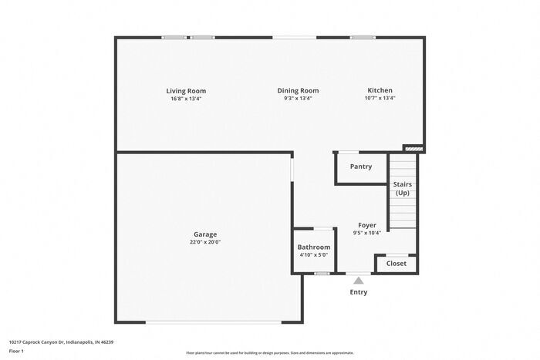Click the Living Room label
pyautogui.click(x=187, y=91)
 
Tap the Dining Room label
pyautogui.click(x=298, y=91)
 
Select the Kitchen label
pyautogui.click(x=380, y=91)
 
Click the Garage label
pyautogui.click(x=205, y=234)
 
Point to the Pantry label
pyautogui.click(x=360, y=167)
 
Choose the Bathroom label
pyautogui.click(x=313, y=247)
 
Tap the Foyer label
pyautogui.click(x=366, y=225)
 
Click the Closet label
pyautogui.click(x=396, y=264)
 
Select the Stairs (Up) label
pyautogui.click(x=402, y=189)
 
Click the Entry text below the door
pyautogui.click(x=359, y=292)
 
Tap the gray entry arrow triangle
pyautogui.click(x=358, y=281)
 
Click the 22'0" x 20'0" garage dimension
pyautogui.click(x=205, y=242)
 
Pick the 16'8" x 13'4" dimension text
pyautogui.click(x=187, y=99)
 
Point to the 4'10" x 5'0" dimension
pyautogui.click(x=313, y=255)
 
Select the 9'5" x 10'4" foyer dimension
pyautogui.click(x=366, y=233)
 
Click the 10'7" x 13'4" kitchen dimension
pyautogui.click(x=380, y=99)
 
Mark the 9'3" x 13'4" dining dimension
pyautogui.click(x=298, y=99)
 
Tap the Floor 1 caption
pyautogui.click(x=17, y=351)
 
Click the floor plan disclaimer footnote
pyautogui.click(x=269, y=351)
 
